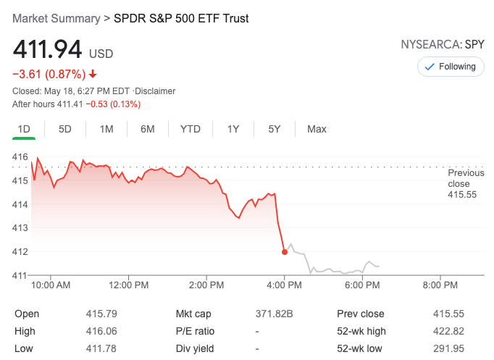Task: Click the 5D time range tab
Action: tap(65, 129)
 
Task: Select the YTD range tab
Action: tap(191, 129)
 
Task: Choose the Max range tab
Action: tap(317, 129)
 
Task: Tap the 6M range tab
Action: tap(148, 129)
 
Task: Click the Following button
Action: tap(450, 67)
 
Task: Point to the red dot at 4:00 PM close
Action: tap(284, 252)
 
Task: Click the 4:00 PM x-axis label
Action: tap(284, 285)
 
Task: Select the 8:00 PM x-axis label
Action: tap(440, 285)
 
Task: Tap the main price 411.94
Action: tap(46, 50)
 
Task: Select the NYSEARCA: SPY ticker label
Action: tap(443, 45)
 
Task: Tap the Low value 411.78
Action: tap(101, 348)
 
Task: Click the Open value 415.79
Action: tap(101, 314)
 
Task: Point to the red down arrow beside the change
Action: tap(93, 74)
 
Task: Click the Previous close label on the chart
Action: tap(466, 183)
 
